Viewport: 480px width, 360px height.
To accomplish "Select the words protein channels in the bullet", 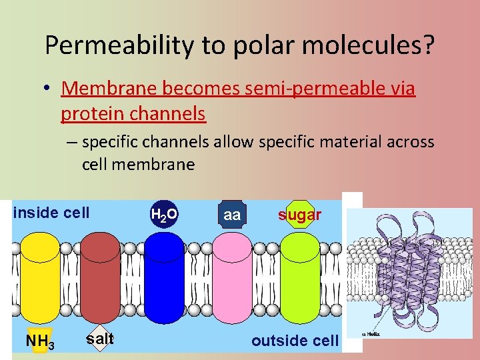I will pos(133,114).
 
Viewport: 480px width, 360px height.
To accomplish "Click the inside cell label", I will pos(51,213).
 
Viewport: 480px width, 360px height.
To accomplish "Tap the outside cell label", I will pos(295,341).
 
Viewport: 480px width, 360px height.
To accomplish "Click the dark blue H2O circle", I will pos(164,215).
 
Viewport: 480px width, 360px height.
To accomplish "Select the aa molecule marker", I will pos(232,215).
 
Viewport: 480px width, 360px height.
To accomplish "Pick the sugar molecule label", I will pos(299,215).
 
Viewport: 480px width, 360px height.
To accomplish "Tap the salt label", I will pos(100,339).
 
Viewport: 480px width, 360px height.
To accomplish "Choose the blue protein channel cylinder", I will pos(164,280).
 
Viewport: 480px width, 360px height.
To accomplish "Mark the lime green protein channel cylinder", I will pos(300,280).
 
